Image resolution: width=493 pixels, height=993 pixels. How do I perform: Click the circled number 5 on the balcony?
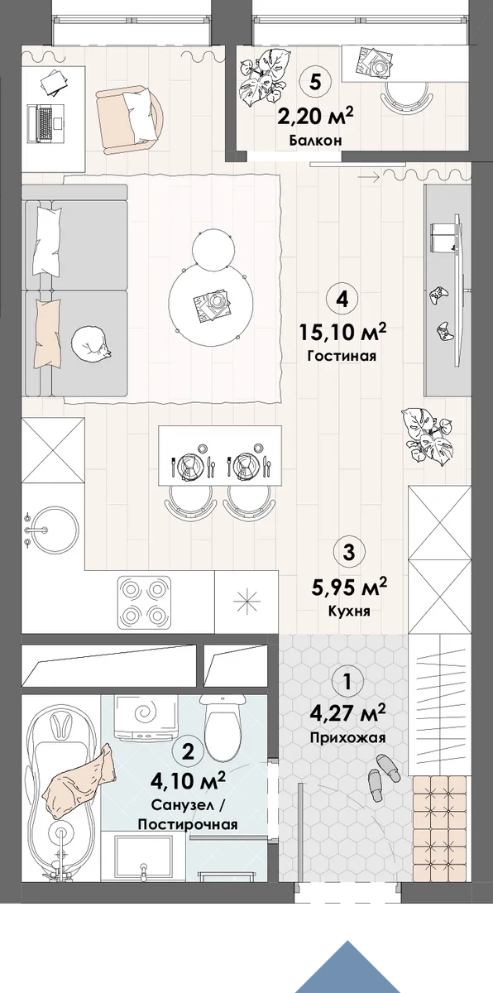pos(315,82)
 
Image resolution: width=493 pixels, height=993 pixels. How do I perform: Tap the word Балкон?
pos(315,141)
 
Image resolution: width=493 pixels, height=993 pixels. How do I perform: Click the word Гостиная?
pos(342,356)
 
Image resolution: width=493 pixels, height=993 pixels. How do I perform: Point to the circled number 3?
pos(348,553)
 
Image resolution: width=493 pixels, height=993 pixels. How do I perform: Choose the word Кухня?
pos(349,612)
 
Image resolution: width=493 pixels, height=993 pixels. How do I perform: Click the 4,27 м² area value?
pos(347,714)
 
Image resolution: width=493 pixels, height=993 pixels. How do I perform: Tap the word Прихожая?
pos(347,738)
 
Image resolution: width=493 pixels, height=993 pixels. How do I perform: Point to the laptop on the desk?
pos(46,123)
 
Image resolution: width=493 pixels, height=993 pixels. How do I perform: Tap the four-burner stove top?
pos(144,602)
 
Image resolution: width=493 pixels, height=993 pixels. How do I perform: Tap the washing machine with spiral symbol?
pos(146,717)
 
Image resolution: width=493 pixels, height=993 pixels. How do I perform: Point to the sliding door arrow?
pos(369,177)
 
